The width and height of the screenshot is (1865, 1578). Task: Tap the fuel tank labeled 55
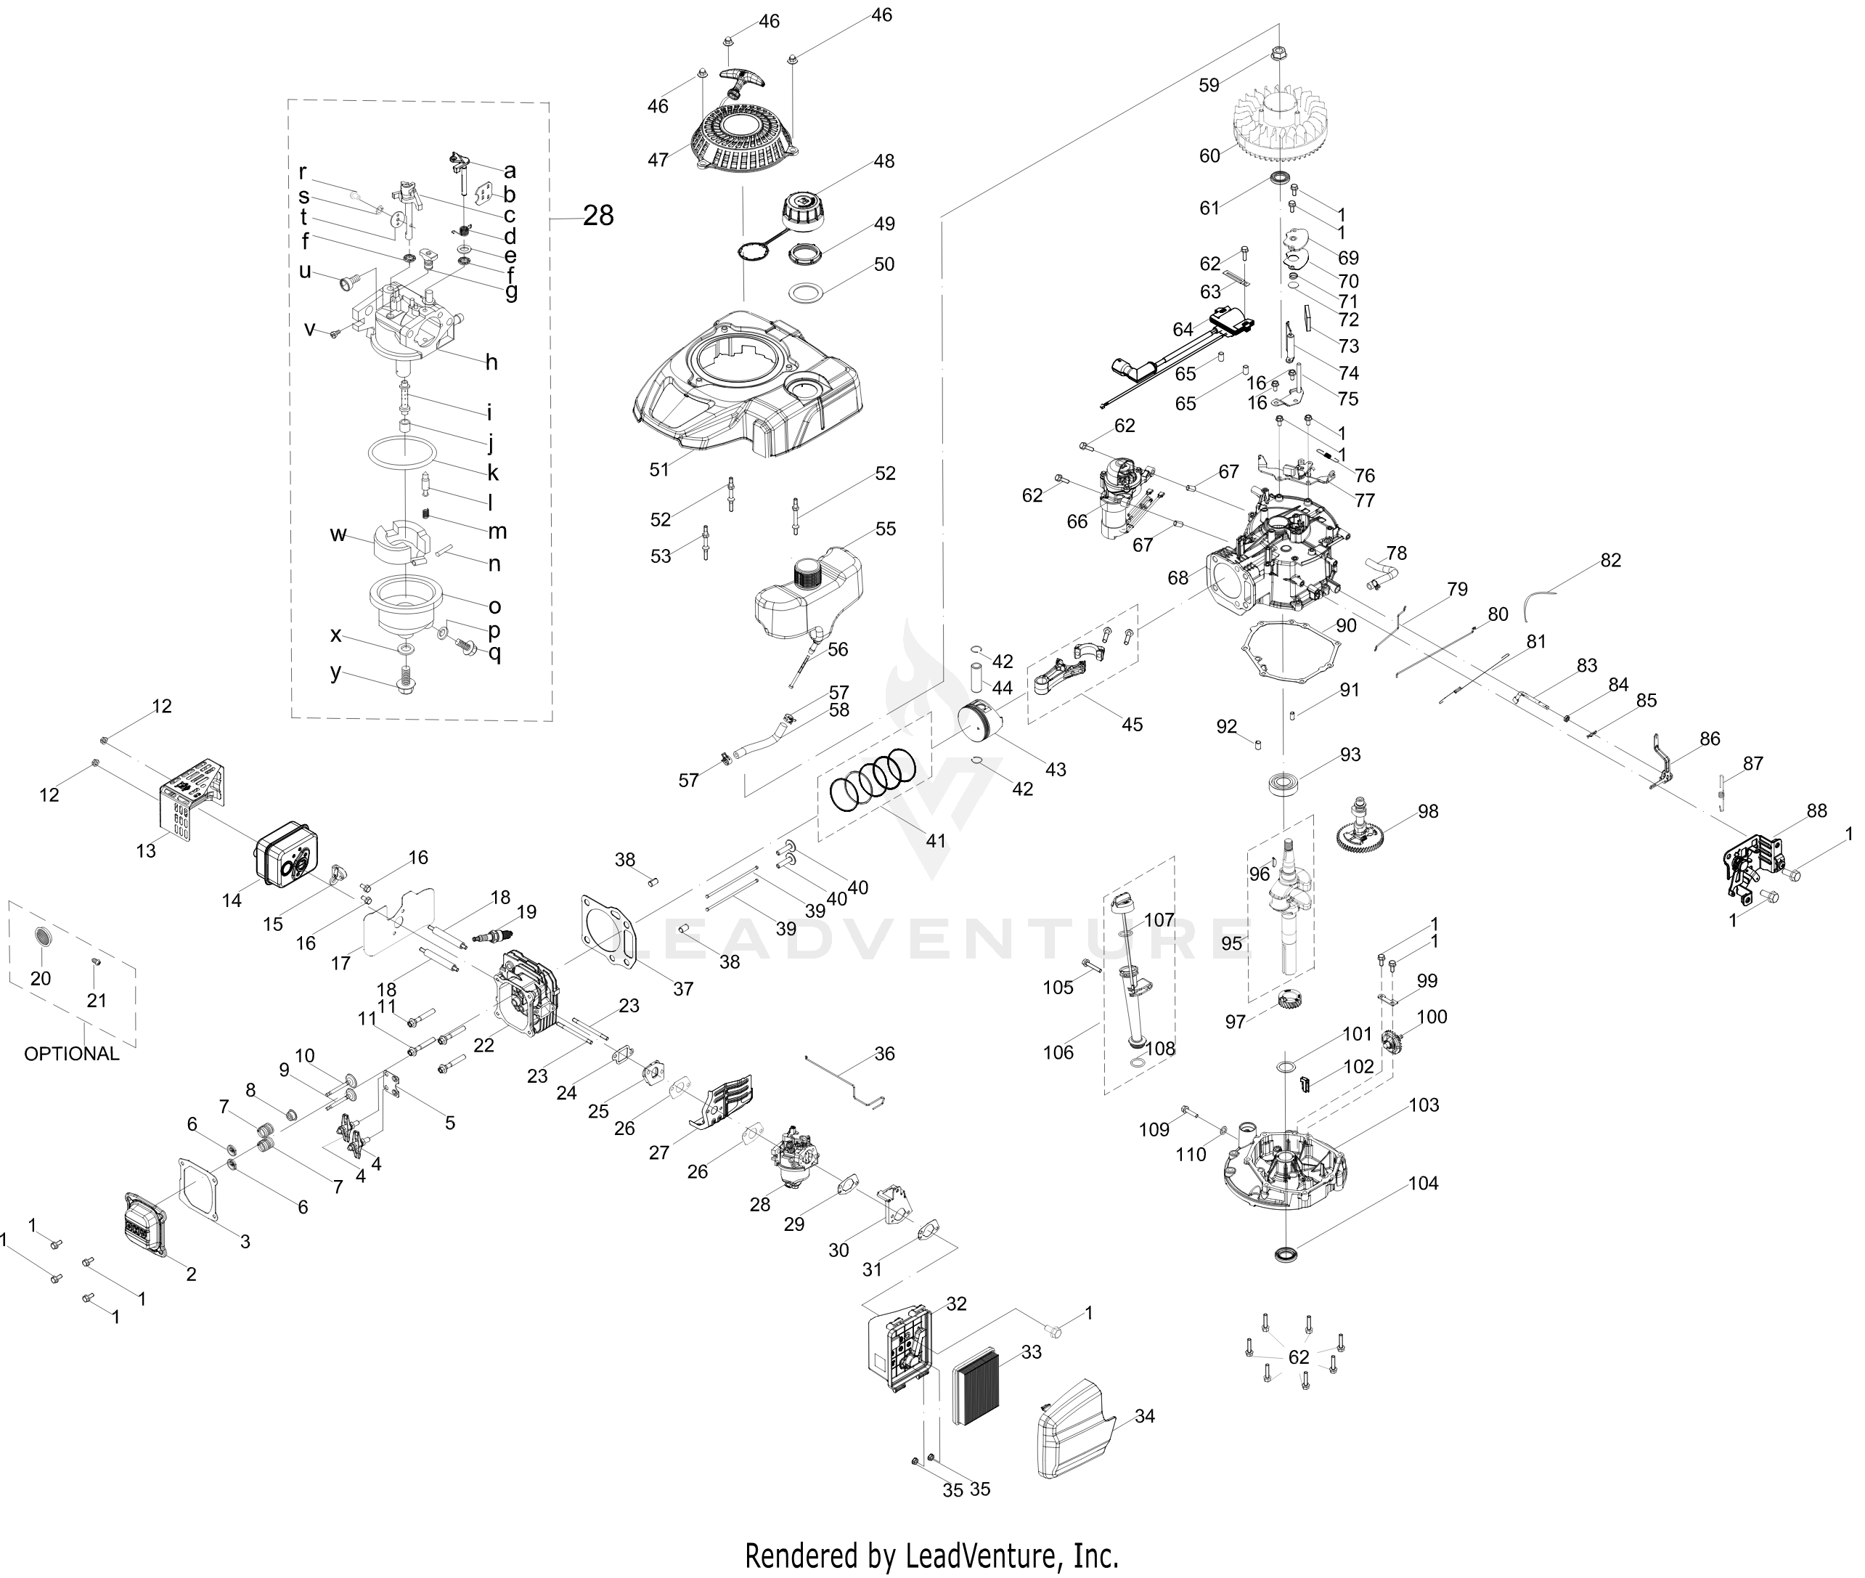click(809, 595)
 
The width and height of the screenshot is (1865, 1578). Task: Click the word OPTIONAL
click(72, 1053)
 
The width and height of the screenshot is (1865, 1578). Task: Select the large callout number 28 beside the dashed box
click(598, 215)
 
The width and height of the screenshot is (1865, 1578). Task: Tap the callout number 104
click(1424, 1183)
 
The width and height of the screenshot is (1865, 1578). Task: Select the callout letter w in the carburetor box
click(338, 534)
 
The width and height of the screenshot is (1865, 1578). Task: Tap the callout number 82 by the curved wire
click(1610, 560)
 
